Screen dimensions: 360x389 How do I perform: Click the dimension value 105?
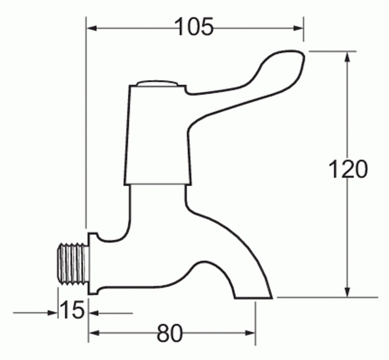click(194, 27)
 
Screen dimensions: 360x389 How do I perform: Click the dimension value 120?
click(348, 170)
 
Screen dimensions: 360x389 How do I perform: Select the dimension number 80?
click(169, 333)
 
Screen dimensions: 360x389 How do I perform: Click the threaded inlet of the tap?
click(72, 263)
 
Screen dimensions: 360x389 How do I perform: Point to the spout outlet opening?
click(254, 297)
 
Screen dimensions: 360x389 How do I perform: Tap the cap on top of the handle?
click(156, 84)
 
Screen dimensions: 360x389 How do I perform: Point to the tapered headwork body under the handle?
click(158, 135)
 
